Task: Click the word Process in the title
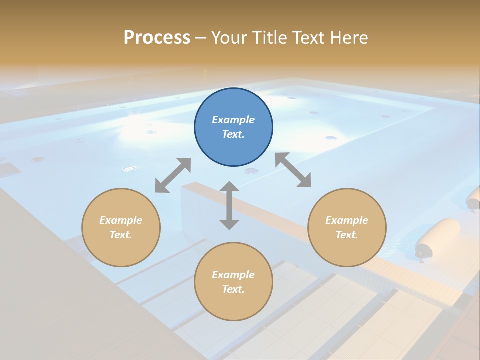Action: [157, 38]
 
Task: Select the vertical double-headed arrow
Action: [229, 205]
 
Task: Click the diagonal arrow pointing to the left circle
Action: [173, 175]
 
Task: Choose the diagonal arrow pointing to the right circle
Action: [293, 170]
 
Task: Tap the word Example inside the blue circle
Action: [233, 120]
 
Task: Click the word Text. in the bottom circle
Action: [233, 289]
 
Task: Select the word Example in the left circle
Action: [121, 220]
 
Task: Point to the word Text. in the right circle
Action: [347, 235]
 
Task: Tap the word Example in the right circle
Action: [347, 220]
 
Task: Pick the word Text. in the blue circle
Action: [233, 134]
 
